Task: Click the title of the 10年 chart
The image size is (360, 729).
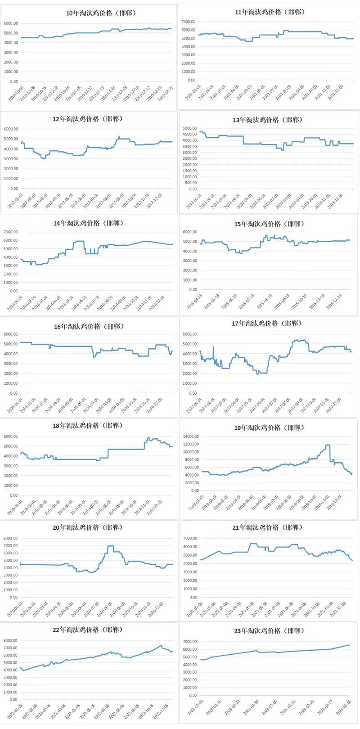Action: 101,13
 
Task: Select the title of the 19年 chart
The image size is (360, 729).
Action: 270,427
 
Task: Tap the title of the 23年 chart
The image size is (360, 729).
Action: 270,631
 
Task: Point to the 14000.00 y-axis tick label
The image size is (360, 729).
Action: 191,436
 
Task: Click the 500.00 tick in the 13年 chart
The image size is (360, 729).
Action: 189,183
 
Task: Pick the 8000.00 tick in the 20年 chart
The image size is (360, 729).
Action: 10,538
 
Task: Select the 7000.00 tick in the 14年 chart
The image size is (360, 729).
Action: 10,232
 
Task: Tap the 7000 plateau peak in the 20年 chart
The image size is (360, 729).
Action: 110,546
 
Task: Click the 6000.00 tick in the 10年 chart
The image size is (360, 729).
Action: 11,23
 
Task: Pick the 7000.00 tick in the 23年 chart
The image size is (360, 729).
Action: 189,642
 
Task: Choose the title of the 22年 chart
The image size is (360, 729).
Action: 88,630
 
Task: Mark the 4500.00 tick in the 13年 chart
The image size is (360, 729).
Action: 189,134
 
